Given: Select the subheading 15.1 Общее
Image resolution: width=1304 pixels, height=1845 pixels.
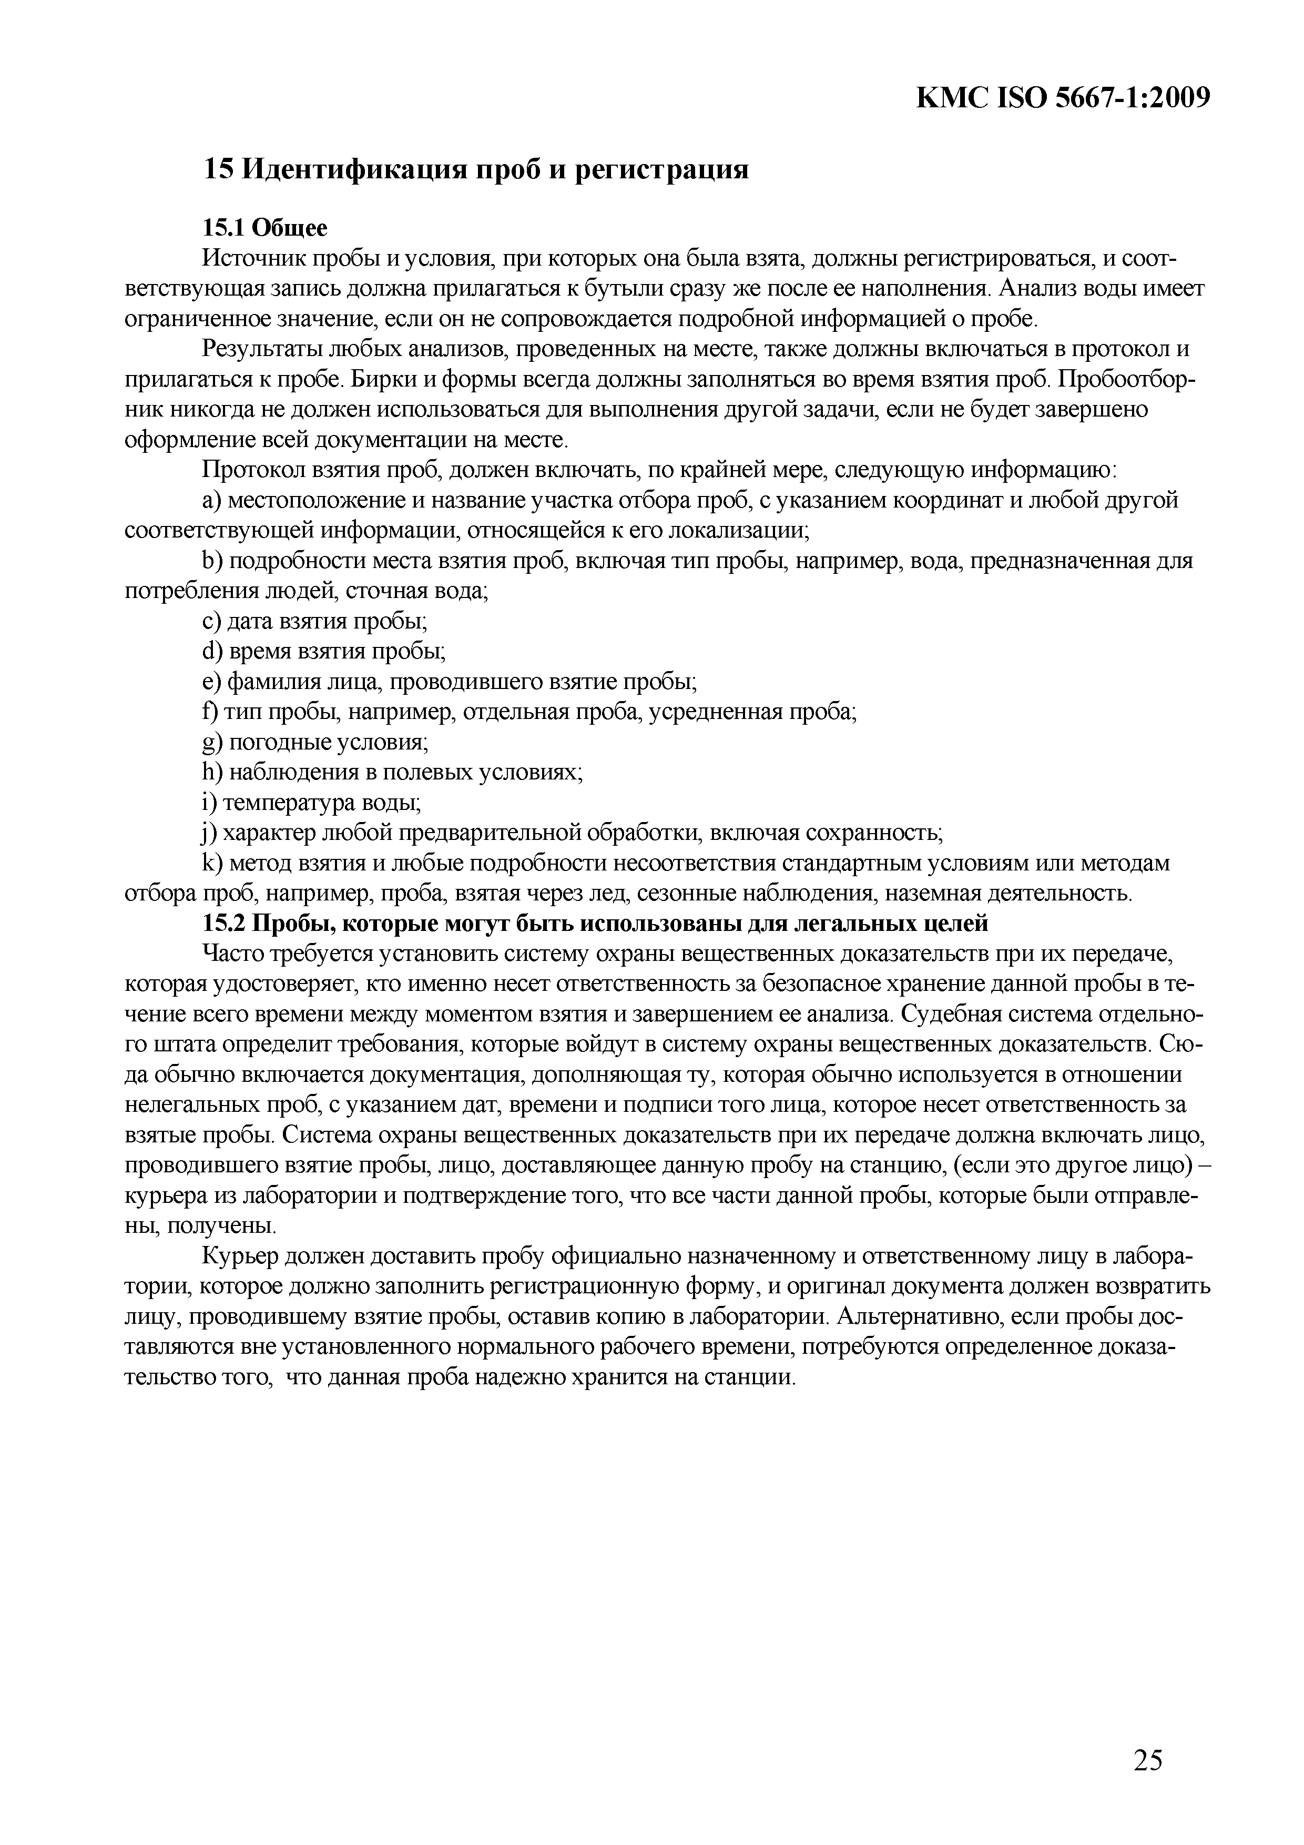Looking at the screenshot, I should (x=265, y=228).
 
